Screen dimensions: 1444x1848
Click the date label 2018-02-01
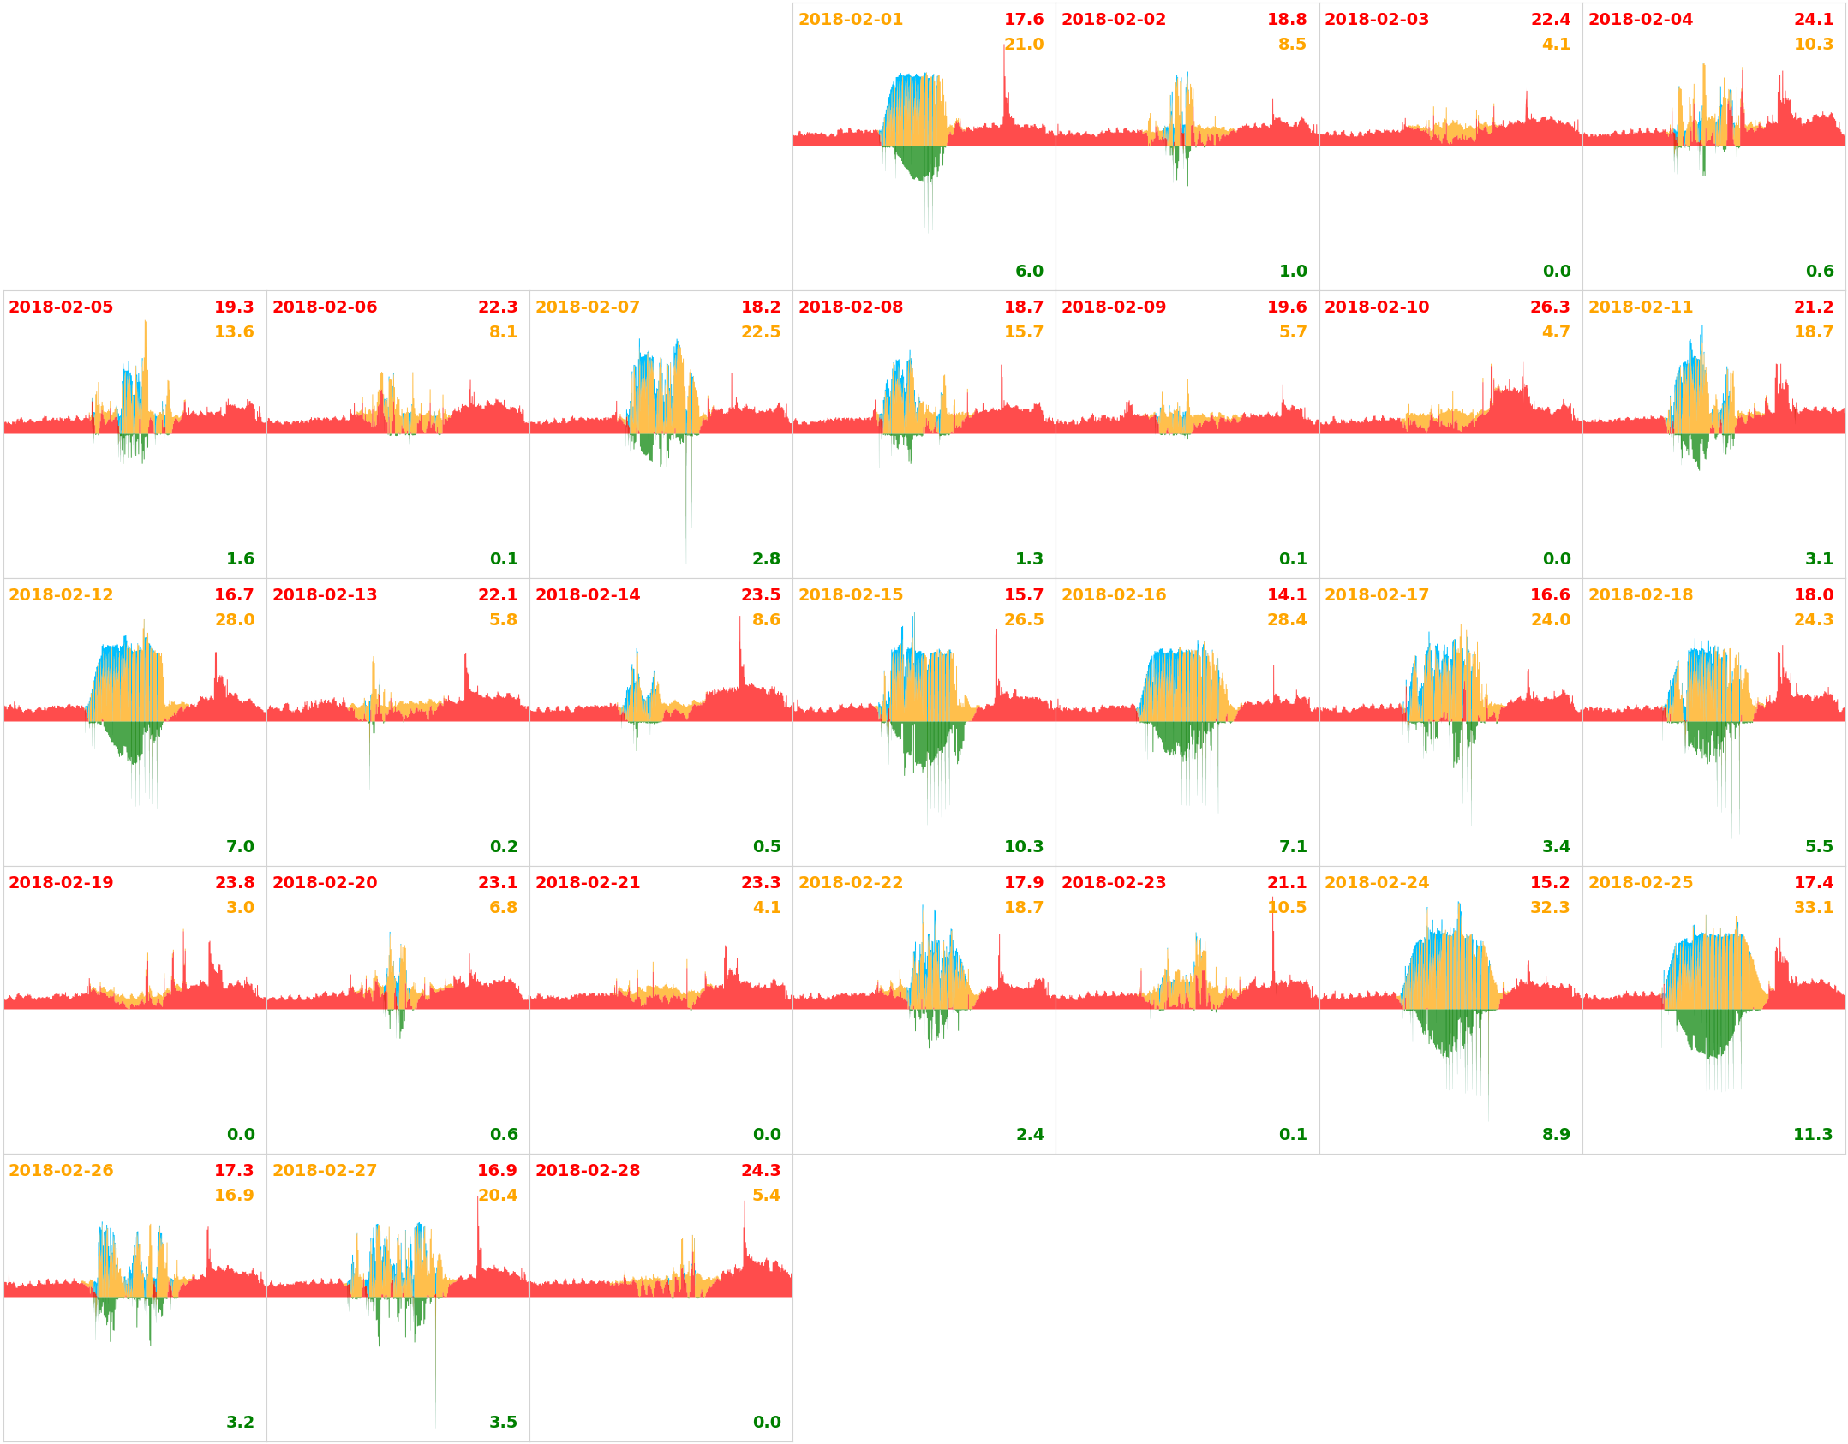tap(850, 20)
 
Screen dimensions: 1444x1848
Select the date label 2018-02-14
tap(587, 595)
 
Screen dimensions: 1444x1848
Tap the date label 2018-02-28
tap(587, 1171)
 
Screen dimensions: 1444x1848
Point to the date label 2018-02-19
tap(61, 883)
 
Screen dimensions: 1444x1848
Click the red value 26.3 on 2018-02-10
tap(1550, 307)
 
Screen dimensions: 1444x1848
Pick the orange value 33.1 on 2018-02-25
tap(1813, 908)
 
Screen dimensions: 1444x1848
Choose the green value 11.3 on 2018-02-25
tap(1812, 1135)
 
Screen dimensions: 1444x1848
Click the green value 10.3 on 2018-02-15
tap(1023, 847)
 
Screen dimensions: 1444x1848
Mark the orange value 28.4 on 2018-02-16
tap(1286, 620)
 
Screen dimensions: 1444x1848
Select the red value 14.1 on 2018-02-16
tap(1286, 595)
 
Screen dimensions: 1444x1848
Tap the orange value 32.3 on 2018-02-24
tap(1549, 908)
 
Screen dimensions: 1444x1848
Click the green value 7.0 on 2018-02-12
tap(240, 847)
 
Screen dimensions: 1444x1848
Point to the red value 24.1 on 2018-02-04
tap(1813, 20)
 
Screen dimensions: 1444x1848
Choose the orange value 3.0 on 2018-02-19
tap(240, 908)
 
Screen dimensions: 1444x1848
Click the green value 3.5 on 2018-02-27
tap(503, 1423)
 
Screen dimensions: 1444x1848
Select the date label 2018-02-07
tap(587, 307)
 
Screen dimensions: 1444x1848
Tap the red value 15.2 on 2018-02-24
tap(1549, 883)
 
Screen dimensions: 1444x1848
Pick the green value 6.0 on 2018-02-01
tap(1029, 271)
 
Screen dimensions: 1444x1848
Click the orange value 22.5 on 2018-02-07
tap(760, 332)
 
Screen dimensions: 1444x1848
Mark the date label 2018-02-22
tap(850, 883)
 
